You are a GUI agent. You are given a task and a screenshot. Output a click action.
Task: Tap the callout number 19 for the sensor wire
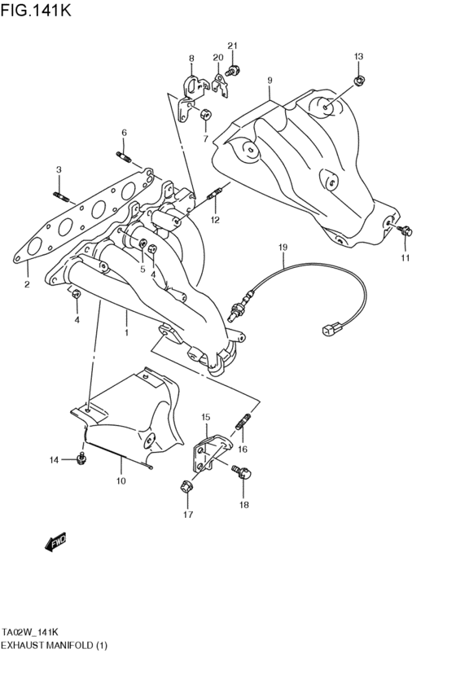tap(283, 247)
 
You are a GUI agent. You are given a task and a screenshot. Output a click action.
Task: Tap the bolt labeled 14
tap(80, 459)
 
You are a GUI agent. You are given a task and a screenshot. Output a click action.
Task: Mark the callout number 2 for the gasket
tap(27, 285)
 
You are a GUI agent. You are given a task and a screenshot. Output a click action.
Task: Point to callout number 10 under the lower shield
tap(121, 482)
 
